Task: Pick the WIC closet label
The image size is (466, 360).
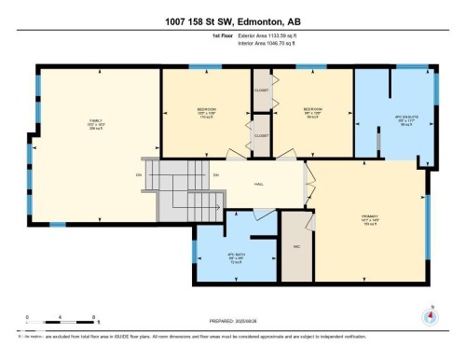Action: click(295, 247)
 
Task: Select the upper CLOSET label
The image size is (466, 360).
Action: click(262, 90)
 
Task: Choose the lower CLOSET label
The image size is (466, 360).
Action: click(262, 135)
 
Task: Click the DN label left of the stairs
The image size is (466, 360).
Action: click(138, 174)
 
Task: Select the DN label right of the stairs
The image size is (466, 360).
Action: click(215, 174)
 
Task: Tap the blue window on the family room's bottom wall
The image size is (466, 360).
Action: click(58, 224)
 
